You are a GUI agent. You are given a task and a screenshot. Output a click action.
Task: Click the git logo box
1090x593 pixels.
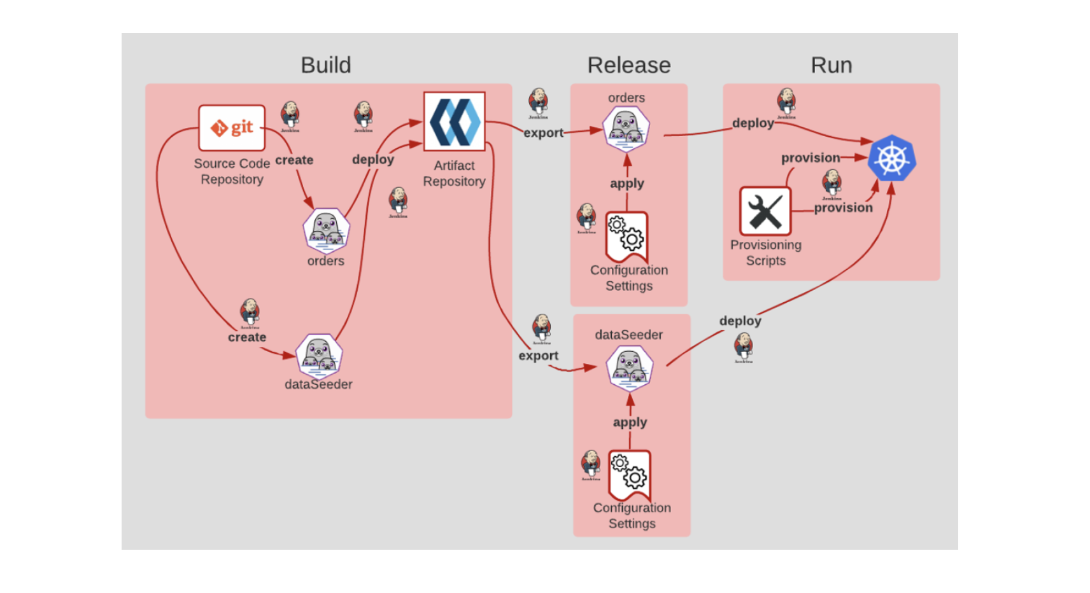pyautogui.click(x=232, y=128)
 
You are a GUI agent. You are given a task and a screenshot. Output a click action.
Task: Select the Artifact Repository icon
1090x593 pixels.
pyautogui.click(x=454, y=122)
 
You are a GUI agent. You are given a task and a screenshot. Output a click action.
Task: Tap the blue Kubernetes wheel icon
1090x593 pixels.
pyautogui.click(x=891, y=158)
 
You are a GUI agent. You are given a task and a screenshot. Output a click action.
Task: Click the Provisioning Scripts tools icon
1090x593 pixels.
pyautogui.click(x=765, y=211)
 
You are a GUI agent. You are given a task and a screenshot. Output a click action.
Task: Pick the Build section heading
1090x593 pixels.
pyautogui.click(x=325, y=65)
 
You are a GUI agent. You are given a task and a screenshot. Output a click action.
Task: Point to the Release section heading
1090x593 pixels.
pyautogui.click(x=628, y=65)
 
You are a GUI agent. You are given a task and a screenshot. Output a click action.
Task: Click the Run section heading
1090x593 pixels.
pyautogui.click(x=831, y=65)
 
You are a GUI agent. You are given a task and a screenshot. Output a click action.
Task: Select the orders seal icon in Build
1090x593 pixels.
pyautogui.click(x=326, y=230)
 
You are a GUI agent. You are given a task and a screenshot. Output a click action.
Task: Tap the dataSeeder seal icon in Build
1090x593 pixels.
pyautogui.click(x=319, y=356)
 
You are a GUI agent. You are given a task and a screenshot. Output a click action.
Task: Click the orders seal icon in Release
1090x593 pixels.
pyautogui.click(x=626, y=129)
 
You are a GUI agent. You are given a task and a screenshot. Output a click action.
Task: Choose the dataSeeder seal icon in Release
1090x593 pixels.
pyautogui.click(x=629, y=368)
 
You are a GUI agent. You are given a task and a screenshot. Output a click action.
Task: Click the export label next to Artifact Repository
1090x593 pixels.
pyautogui.click(x=543, y=133)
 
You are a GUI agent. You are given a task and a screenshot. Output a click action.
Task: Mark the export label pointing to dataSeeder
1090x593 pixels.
pyautogui.click(x=538, y=356)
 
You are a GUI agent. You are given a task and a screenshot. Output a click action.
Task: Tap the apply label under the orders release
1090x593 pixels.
pyautogui.click(x=627, y=183)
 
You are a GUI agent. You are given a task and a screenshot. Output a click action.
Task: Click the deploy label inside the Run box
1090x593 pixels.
pyautogui.click(x=753, y=123)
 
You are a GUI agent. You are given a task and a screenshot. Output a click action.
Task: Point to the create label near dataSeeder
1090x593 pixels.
pyautogui.click(x=247, y=337)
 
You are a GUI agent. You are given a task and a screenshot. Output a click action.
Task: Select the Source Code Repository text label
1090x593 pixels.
pyautogui.click(x=232, y=171)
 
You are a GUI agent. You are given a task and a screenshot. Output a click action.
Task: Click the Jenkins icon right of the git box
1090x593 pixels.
pyautogui.click(x=290, y=116)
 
